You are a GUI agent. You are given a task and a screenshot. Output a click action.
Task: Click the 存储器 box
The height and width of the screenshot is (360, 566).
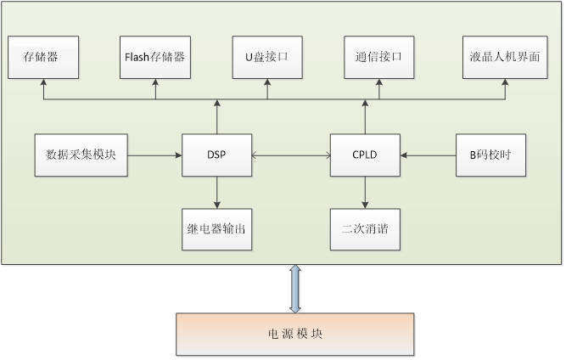click(x=42, y=58)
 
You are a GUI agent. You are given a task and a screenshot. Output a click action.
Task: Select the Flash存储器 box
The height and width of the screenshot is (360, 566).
click(x=154, y=58)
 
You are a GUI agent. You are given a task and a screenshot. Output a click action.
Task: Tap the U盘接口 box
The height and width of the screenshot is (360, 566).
click(x=266, y=58)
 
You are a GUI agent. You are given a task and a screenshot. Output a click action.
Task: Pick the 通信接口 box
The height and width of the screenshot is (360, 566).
click(x=378, y=58)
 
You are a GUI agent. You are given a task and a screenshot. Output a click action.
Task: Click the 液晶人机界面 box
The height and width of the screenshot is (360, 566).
click(x=504, y=58)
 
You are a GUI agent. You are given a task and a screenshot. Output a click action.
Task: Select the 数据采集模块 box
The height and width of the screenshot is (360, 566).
click(x=81, y=155)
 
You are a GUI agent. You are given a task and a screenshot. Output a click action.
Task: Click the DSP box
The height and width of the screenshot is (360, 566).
click(x=216, y=155)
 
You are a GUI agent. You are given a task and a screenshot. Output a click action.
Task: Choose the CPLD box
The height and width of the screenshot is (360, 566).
click(x=365, y=155)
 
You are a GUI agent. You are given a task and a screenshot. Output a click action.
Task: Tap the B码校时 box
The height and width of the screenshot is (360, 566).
click(x=490, y=155)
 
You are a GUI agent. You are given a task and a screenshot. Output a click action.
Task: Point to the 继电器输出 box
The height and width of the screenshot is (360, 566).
click(x=216, y=229)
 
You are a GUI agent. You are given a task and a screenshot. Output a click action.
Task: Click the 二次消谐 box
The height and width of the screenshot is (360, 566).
click(x=365, y=229)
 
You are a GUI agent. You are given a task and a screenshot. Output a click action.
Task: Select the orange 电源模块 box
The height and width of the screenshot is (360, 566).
click(x=294, y=334)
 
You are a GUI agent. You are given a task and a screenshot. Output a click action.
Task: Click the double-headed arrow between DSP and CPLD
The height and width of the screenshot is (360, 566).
click(x=290, y=155)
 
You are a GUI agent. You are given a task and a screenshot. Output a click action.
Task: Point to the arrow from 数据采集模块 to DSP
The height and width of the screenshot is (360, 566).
click(x=154, y=155)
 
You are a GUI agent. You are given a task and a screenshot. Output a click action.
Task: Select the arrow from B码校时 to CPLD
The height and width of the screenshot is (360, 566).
click(x=428, y=155)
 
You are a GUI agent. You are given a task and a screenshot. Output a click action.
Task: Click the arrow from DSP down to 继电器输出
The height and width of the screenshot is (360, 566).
click(x=217, y=193)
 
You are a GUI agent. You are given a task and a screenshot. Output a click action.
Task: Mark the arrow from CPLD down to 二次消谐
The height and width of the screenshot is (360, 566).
click(x=365, y=193)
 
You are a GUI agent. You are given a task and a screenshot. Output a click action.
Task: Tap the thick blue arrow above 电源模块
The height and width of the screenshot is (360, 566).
click(x=294, y=289)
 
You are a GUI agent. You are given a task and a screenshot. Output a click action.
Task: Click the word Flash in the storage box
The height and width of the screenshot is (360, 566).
click(x=137, y=58)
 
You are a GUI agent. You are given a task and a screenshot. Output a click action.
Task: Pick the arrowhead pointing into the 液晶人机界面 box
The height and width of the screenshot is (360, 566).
click(x=504, y=83)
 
